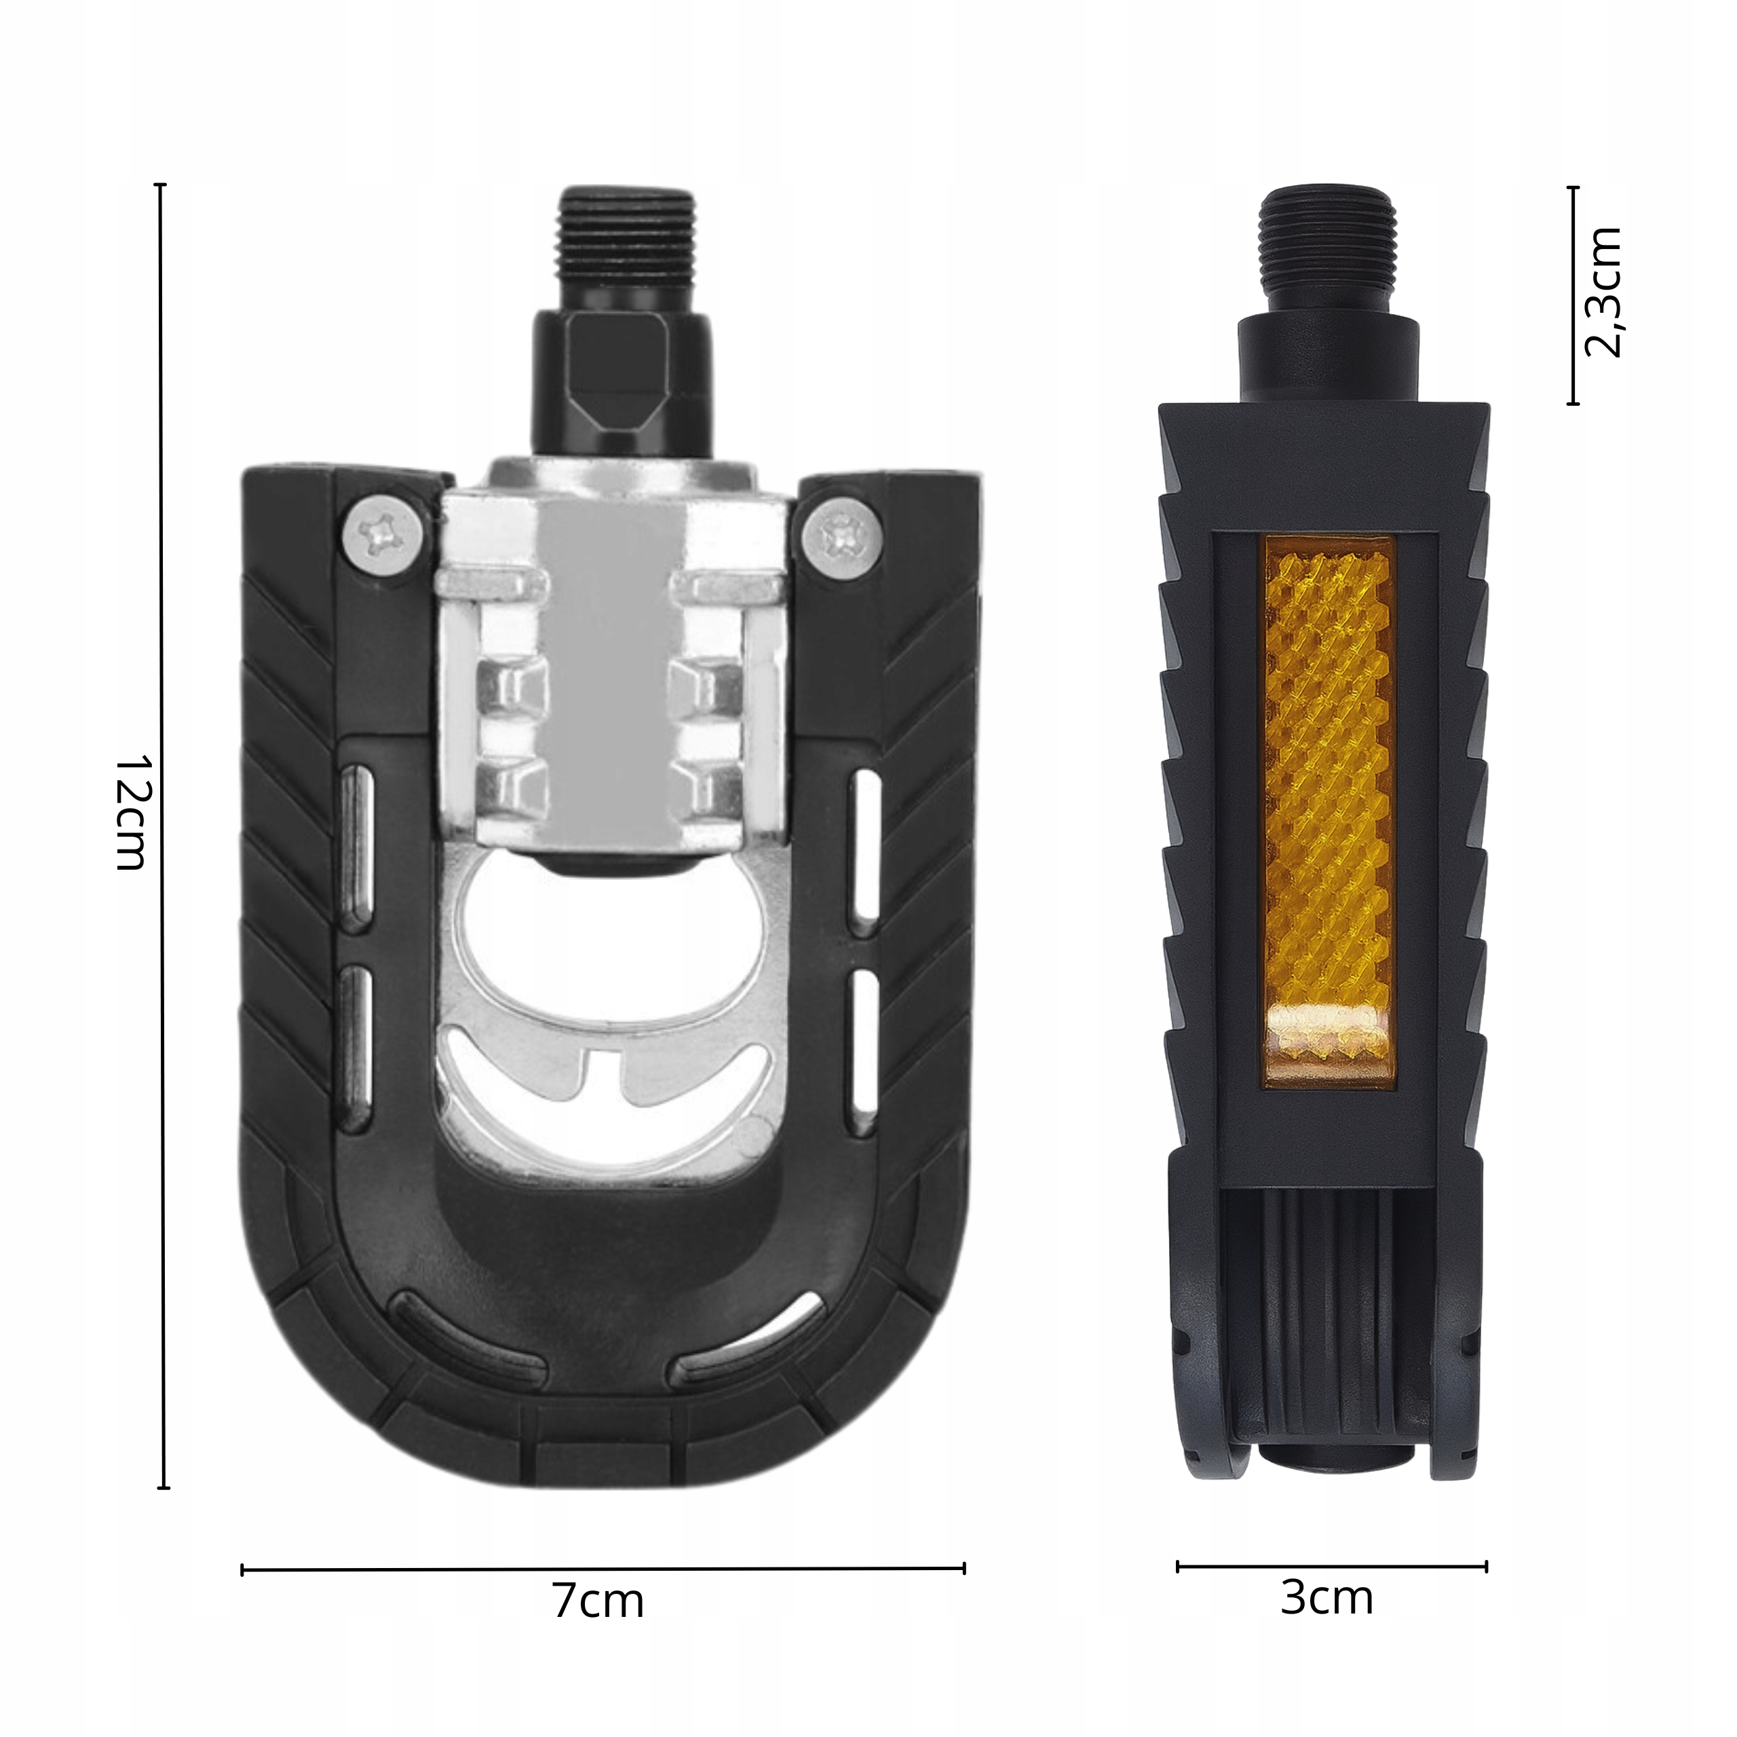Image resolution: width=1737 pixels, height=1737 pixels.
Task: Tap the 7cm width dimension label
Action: point(598,1602)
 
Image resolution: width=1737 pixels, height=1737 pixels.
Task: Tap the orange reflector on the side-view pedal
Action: point(1330,814)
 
